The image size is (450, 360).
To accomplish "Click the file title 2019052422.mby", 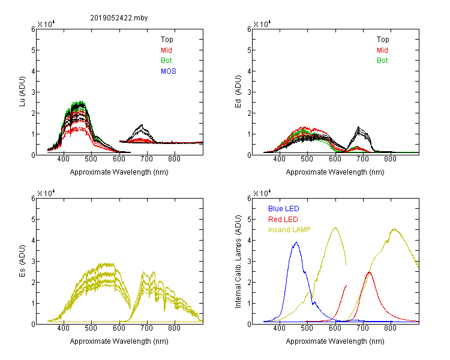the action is [119, 18].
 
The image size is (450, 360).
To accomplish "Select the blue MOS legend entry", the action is [169, 71].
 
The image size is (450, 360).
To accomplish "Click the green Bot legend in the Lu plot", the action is [166, 61].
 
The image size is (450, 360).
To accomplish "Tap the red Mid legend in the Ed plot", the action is [382, 50].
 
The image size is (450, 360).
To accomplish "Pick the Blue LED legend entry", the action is [284, 209].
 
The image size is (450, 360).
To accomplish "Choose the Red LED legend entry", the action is [283, 220].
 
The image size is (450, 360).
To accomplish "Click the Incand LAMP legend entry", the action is [289, 230].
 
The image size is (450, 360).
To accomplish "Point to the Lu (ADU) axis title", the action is [22, 92].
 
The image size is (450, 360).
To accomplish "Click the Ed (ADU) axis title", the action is [238, 92].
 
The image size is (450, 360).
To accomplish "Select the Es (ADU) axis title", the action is [22, 261].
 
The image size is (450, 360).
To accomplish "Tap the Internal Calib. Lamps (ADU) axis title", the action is [238, 262].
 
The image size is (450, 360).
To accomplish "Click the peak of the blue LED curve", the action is [296, 242].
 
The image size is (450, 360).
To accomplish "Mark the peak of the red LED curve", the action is [369, 272].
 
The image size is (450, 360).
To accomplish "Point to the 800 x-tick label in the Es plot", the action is [174, 328].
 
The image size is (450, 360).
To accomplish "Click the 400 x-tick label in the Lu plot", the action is [64, 159].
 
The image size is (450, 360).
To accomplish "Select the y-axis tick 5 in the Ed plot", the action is [249, 50].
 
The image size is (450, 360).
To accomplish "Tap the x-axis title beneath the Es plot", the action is [119, 341].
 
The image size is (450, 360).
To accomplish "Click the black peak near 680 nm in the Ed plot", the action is [358, 127].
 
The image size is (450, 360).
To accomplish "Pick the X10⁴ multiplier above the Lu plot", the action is [46, 24].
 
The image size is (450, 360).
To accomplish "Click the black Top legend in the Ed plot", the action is [383, 40].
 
